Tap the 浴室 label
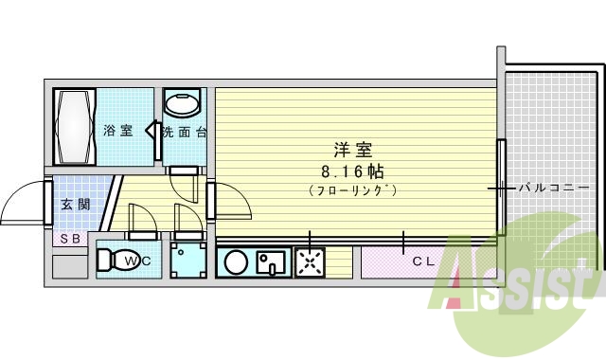(x=117, y=131)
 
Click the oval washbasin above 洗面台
(x=181, y=102)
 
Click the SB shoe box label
(x=71, y=239)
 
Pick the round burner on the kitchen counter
(x=236, y=261)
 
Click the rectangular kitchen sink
(x=271, y=261)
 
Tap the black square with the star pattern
(x=310, y=261)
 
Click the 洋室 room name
(x=351, y=150)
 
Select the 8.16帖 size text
(x=351, y=171)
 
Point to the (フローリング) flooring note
(x=351, y=190)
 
